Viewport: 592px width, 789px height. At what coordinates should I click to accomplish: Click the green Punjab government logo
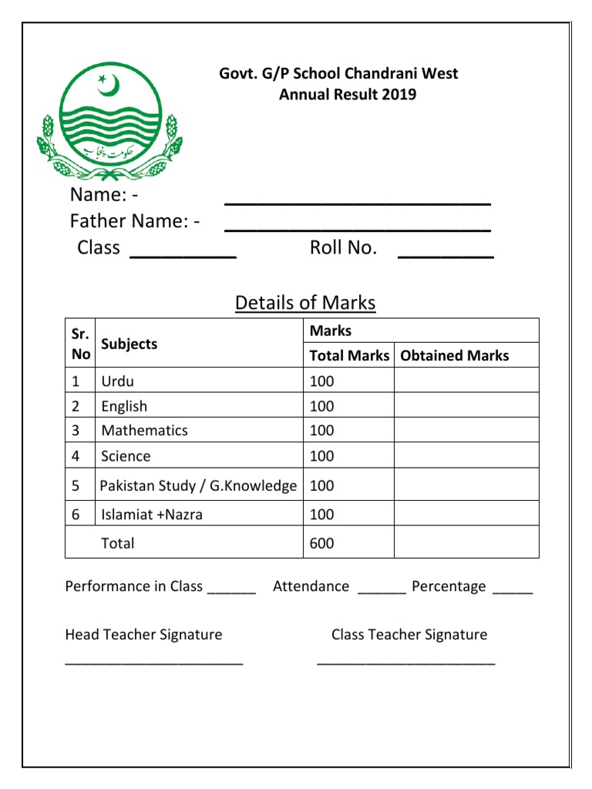109,114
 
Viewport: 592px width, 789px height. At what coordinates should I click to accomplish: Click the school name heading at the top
338,74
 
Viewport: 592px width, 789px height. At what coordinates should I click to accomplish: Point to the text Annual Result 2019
347,95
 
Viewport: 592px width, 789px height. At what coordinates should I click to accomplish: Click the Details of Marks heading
305,303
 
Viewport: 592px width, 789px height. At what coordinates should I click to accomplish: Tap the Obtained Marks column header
455,355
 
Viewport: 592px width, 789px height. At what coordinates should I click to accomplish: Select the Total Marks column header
349,355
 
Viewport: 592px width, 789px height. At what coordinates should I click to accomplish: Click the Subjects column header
129,344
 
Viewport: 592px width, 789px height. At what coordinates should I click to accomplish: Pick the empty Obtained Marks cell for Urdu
466,381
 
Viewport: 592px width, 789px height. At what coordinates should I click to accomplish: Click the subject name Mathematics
145,430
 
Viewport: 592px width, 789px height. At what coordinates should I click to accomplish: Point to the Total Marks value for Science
322,456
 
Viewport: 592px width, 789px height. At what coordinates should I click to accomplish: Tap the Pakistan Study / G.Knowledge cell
198,486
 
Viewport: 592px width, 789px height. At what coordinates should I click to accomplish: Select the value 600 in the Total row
322,543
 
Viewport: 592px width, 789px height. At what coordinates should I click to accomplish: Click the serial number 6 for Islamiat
76,515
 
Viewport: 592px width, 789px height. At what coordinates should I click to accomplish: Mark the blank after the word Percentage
513,589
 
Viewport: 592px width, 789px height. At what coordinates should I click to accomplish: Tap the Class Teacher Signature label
409,635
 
